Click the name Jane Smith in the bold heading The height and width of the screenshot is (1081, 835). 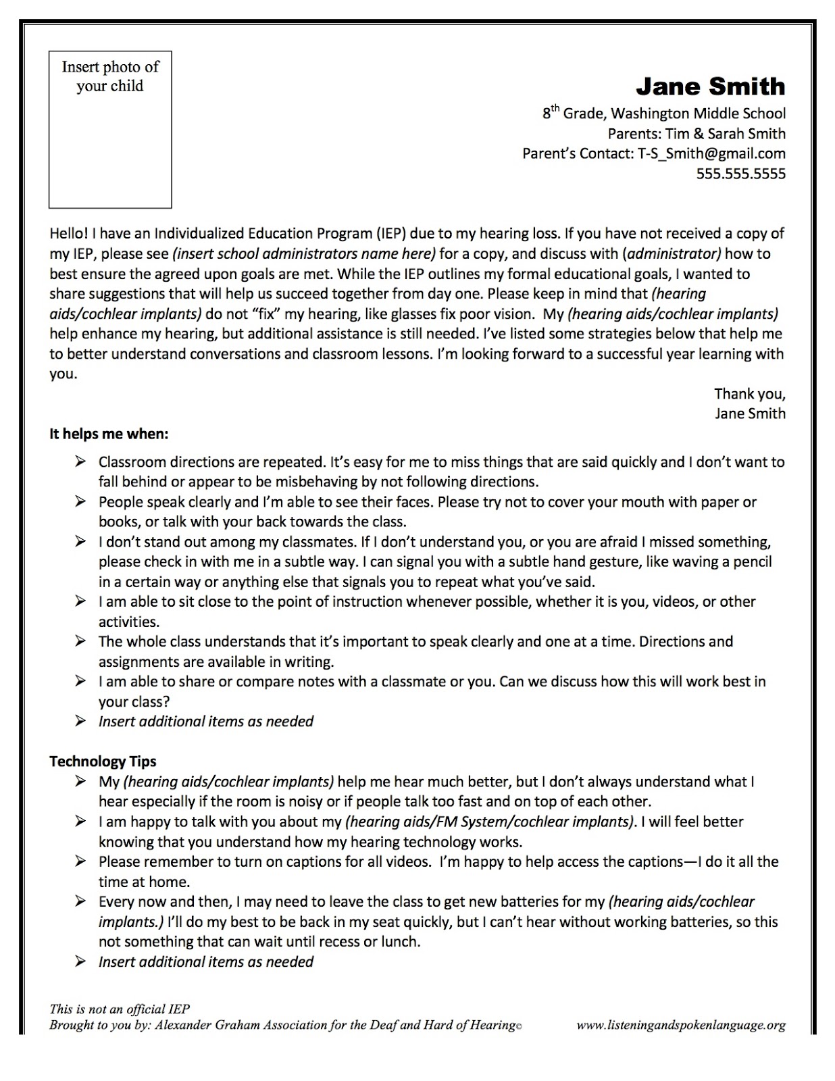[710, 86]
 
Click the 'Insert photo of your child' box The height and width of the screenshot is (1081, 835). [110, 129]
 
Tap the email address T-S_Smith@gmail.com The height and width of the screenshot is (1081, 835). [711, 153]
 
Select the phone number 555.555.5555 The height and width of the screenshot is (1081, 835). [741, 174]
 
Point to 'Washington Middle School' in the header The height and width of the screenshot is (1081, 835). [707, 114]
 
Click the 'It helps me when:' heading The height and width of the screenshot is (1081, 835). [109, 434]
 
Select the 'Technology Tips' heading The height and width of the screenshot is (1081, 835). [103, 761]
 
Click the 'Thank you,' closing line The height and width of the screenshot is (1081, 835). [750, 393]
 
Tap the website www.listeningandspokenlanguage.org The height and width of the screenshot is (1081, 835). [681, 1025]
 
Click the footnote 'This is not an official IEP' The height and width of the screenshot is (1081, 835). [120, 1009]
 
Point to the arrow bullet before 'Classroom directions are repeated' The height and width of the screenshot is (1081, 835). [80, 462]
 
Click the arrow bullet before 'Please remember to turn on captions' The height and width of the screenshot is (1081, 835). [80, 861]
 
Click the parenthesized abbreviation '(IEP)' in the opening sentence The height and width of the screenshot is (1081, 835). [392, 234]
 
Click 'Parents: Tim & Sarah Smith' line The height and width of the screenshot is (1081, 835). [697, 134]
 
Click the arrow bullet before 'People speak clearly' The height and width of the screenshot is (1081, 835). [80, 502]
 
